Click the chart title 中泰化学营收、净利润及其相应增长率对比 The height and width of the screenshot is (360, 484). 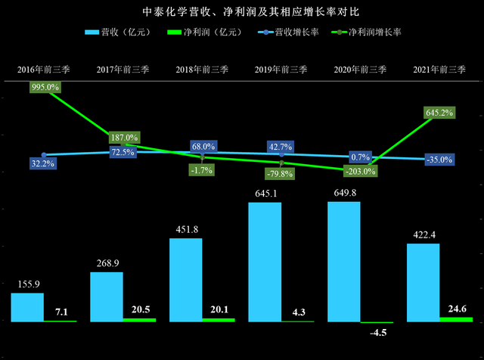tap(242, 13)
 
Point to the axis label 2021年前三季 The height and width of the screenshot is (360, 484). tap(439, 70)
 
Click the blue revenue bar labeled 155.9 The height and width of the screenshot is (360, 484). tap(27, 307)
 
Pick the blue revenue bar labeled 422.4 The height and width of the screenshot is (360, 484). tap(423, 282)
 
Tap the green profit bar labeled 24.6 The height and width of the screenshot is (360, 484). tap(456, 319)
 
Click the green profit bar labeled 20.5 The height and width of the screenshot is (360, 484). tap(140, 319)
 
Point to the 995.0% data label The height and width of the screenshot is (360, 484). tap(46, 87)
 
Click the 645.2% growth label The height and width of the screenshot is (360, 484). tap(440, 113)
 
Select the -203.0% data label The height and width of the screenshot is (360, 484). tap(360, 172)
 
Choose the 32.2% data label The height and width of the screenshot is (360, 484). tap(44, 163)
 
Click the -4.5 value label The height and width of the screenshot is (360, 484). tap(377, 333)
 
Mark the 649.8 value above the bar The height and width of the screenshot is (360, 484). tap(344, 193)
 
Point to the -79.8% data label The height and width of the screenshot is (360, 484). tap(281, 173)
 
